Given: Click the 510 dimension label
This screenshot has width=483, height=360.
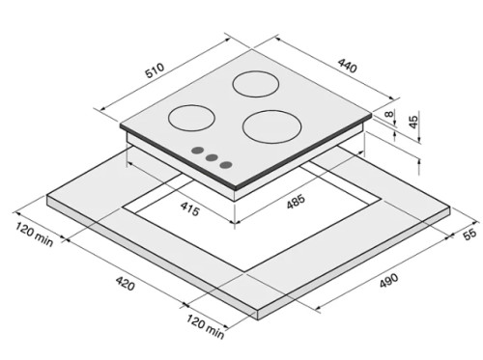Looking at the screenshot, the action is (x=155, y=70).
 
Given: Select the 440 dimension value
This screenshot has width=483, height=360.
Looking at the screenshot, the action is (x=348, y=66).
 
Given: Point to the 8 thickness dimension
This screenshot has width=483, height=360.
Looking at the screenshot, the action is (x=389, y=114).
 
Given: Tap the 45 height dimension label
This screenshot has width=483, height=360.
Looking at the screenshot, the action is (x=413, y=120).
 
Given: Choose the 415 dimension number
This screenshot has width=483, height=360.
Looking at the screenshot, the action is (x=190, y=208).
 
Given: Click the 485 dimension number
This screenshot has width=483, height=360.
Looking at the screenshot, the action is (x=296, y=202).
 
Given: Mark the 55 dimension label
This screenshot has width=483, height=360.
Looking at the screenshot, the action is (x=469, y=234).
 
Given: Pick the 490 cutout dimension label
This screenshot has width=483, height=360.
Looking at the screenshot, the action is (x=389, y=280).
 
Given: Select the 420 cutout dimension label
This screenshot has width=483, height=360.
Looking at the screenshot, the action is (x=125, y=283).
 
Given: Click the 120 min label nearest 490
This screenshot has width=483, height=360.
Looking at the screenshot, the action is (x=205, y=326).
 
